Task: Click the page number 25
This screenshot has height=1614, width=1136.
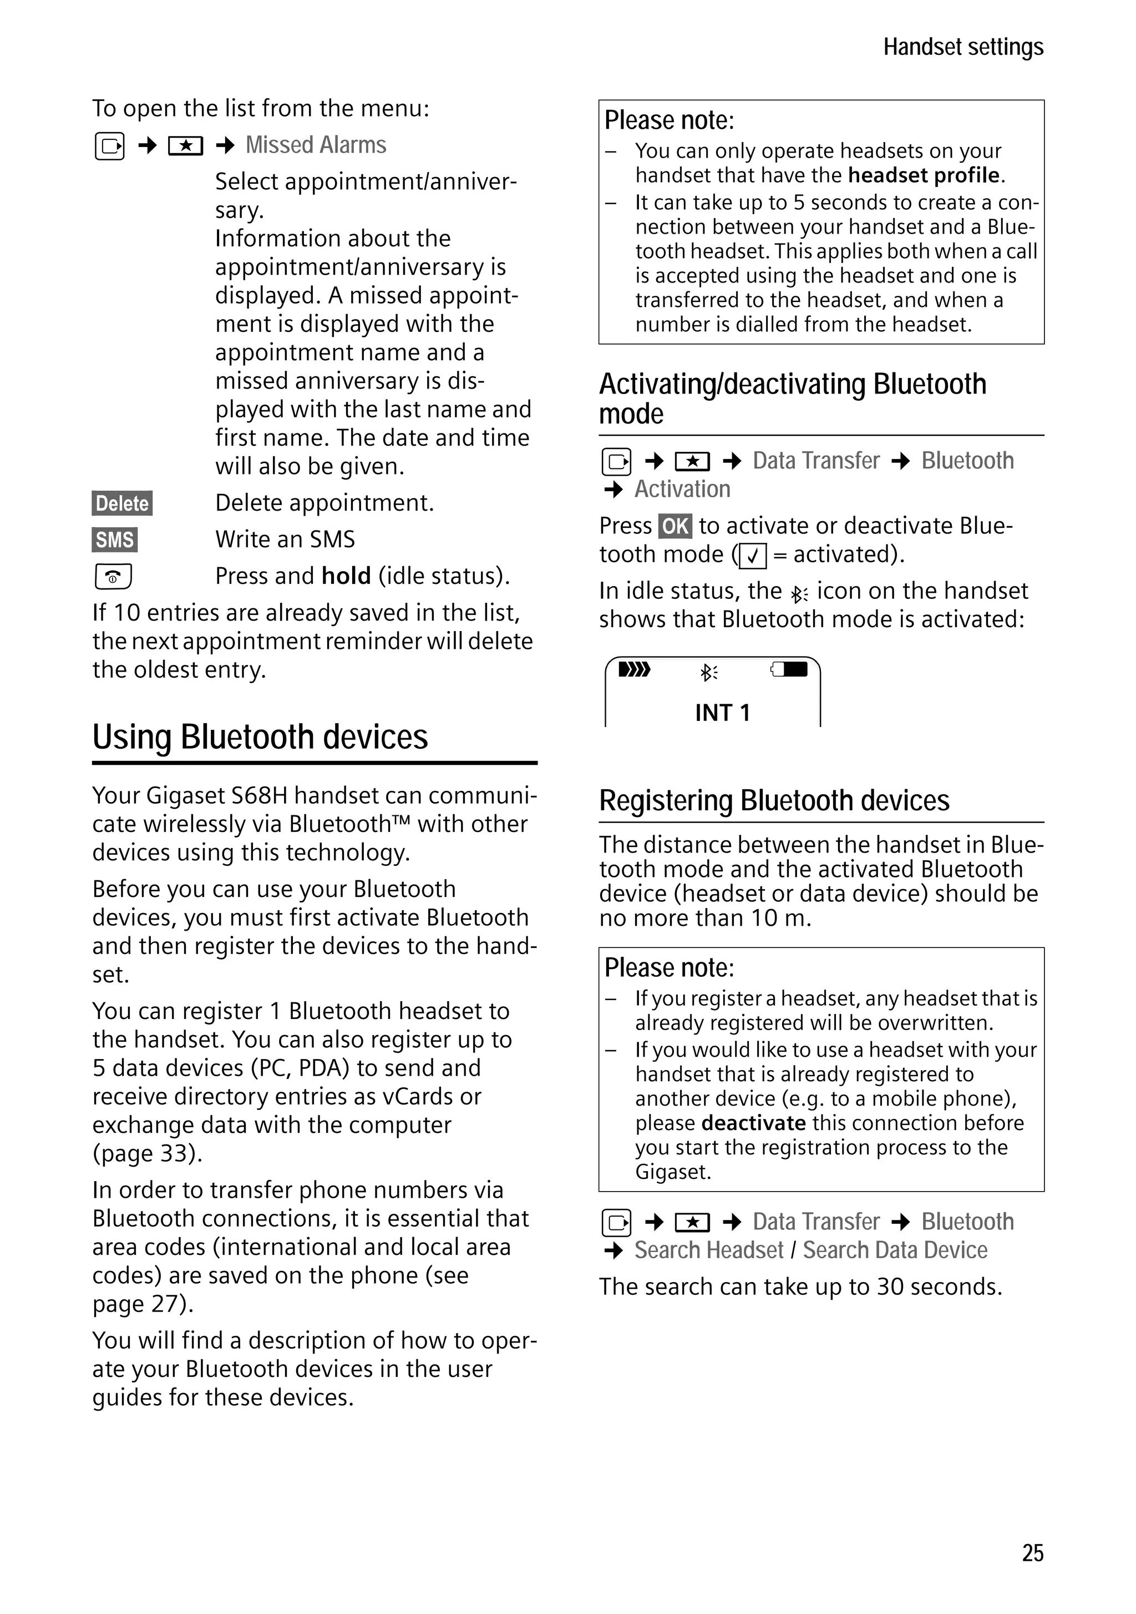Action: click(1032, 1552)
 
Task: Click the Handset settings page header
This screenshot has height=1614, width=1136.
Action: click(962, 47)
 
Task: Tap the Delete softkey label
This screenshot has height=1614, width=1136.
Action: click(122, 503)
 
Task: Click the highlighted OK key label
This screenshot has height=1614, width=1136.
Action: click(674, 526)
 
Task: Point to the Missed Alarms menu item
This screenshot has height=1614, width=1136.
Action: click(316, 145)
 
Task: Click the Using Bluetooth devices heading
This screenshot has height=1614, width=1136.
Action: click(260, 737)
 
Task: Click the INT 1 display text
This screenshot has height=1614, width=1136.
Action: click(722, 713)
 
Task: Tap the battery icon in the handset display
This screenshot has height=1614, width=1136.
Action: click(790, 669)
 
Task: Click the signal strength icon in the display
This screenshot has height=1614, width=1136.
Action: click(633, 669)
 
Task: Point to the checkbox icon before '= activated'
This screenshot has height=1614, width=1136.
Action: click(752, 556)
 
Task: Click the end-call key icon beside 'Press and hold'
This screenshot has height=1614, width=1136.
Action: click(113, 577)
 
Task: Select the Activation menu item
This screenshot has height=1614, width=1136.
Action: click(682, 490)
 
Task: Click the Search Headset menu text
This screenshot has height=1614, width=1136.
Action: click(708, 1250)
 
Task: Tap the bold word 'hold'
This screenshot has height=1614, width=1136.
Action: click(346, 576)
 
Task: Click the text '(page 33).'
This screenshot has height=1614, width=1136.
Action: click(147, 1153)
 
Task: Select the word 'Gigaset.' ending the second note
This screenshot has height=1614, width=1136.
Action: click(672, 1172)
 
